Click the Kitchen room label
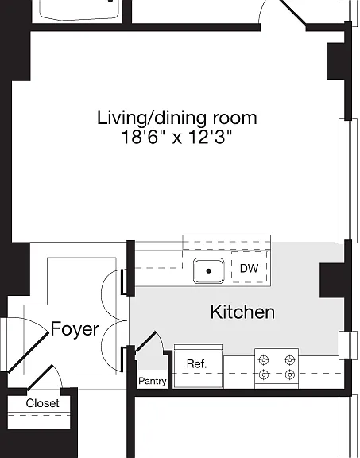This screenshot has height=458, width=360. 242,312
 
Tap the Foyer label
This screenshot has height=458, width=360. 75,329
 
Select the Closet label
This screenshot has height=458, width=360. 42,403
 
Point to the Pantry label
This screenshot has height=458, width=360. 152,381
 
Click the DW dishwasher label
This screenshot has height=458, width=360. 249,268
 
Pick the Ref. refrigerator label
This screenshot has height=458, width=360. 196,363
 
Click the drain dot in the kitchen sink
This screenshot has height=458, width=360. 208,271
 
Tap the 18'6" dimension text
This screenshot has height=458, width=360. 143,137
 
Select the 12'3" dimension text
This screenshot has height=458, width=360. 210,137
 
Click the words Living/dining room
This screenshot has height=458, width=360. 177,118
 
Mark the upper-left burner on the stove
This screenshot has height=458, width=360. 264,360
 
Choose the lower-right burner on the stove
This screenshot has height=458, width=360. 289,375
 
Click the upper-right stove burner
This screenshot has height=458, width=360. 289,360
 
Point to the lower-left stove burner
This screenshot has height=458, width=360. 264,375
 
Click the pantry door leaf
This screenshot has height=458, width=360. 145,341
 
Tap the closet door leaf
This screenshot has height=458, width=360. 41,377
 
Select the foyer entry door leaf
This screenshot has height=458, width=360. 28,352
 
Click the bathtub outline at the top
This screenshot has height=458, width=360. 79,10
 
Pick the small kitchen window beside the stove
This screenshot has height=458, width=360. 348,345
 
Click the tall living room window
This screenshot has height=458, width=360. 348,180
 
